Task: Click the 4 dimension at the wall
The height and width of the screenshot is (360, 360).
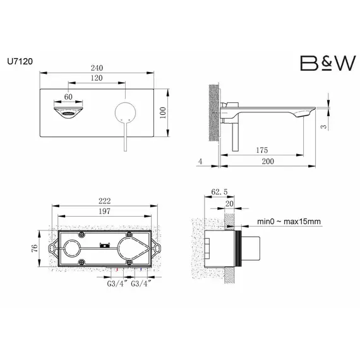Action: (200, 162)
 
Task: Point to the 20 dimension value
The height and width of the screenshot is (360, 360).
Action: (229, 203)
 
